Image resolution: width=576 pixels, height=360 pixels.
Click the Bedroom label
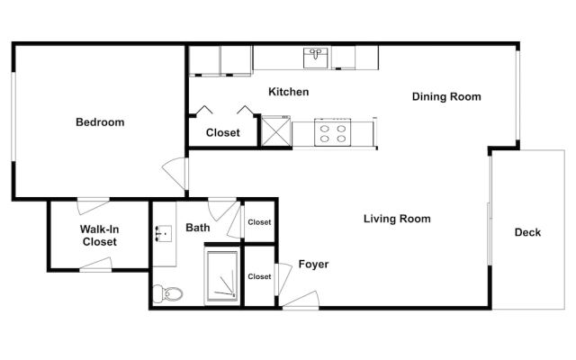pos(100,122)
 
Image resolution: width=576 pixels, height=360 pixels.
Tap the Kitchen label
pos(288,92)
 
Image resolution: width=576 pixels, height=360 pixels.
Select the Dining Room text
pos(446,96)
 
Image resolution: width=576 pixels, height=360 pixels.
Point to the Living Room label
pos(397,219)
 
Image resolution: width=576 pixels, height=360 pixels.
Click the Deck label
pos(527,232)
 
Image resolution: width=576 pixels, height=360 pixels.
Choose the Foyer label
pos(313,264)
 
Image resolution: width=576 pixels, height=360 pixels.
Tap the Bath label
pos(198,228)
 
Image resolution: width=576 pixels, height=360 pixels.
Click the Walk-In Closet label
pos(99,236)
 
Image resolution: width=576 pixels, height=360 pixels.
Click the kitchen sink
pos(316,58)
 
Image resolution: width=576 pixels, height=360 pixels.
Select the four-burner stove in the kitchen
pos(332,132)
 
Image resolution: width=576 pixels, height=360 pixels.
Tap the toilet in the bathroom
pos(168,293)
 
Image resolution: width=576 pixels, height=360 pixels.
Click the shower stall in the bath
pos(222,275)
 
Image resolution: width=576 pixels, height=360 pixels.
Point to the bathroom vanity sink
pos(164,233)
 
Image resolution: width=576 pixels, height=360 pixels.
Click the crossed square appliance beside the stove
pos(276,130)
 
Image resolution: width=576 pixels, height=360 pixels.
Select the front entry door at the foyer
pos(301,300)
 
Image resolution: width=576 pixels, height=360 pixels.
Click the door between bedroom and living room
pos(175,174)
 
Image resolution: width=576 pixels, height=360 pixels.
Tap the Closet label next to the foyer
pos(259,276)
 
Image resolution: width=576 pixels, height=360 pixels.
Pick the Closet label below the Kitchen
pos(222,132)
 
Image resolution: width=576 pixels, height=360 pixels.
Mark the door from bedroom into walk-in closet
pos(93,206)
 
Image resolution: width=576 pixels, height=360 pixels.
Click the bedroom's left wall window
pos(13,116)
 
